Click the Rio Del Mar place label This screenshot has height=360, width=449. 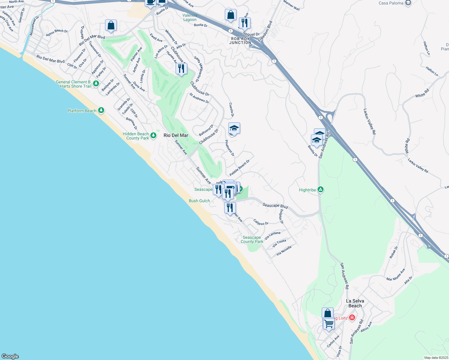(x=176, y=135)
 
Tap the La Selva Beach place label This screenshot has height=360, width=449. (x=355, y=303)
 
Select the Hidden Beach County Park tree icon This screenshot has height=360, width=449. (x=153, y=136)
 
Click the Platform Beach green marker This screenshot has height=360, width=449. (x=101, y=110)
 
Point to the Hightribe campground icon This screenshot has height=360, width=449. (x=321, y=190)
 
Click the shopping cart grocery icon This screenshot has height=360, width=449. (x=329, y=324)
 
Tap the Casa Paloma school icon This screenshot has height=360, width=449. (x=408, y=3)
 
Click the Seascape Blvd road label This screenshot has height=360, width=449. (x=275, y=206)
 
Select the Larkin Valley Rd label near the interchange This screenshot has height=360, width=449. (x=369, y=121)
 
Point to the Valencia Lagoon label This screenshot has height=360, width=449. (x=190, y=17)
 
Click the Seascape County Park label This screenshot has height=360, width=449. (x=252, y=239)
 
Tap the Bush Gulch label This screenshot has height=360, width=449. (x=199, y=201)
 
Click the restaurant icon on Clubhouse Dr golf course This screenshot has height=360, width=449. (x=181, y=69)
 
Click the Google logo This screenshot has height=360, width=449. (x=10, y=356)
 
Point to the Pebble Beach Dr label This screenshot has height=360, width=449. (x=240, y=168)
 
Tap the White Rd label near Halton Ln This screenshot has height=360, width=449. (x=422, y=93)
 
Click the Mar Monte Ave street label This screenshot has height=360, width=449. (x=396, y=275)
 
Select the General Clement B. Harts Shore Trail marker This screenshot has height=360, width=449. (x=96, y=84)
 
